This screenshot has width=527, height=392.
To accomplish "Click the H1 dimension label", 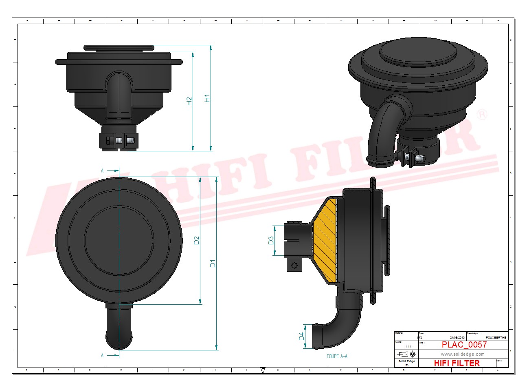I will tap(207, 98).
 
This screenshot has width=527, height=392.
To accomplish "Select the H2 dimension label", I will tap(189, 101).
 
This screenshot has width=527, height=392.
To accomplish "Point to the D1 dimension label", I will tap(213, 264).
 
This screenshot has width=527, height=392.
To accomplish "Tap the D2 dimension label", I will tap(197, 240).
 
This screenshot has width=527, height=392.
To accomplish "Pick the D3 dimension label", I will tap(271, 241).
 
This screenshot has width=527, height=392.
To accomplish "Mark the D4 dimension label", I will tap(301, 336).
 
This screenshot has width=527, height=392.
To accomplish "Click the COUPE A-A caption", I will tap(337, 356).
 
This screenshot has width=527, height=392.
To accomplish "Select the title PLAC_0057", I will tap(464, 345).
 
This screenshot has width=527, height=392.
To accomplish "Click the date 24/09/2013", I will tap(457, 337).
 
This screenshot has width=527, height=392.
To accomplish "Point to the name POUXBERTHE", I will tap(496, 337).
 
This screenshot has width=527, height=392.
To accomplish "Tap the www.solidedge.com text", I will tap(462, 354).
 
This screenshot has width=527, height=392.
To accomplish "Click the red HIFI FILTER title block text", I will tap(457, 363).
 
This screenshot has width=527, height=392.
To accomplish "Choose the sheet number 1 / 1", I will tap(408, 346).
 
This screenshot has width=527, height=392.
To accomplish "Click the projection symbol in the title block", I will tap(406, 354).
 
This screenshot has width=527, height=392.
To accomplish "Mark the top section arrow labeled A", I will tap(111, 171).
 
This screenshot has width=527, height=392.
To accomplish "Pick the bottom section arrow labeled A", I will tap(111, 355).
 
